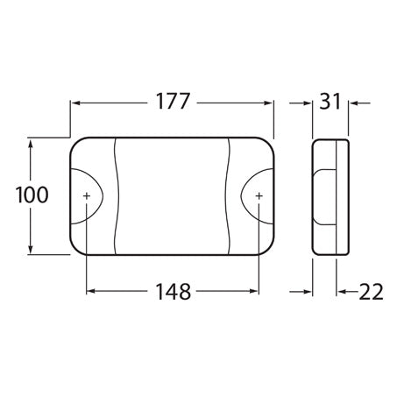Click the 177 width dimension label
point(172,103)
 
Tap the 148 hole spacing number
point(172,291)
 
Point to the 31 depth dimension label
point(331,103)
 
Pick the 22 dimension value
point(367,291)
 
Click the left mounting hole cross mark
point(87,195)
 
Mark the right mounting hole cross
point(259,195)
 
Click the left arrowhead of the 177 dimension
point(75,103)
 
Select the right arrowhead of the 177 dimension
point(269,103)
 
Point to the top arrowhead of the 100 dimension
point(32,143)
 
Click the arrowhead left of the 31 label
point(308,103)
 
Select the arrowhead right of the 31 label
point(353,103)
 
